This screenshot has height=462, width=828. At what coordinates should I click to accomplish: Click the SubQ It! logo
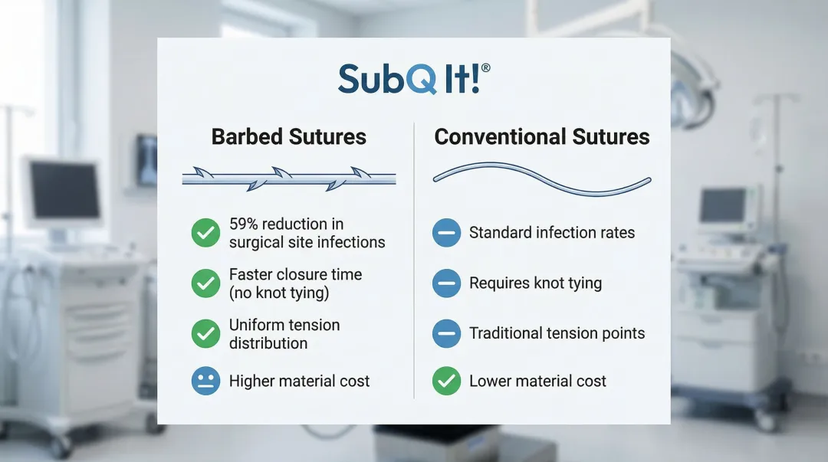coord(414,79)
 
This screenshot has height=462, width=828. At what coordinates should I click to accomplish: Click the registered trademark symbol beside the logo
coord(486,68)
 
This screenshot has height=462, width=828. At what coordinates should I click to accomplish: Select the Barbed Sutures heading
coord(289,136)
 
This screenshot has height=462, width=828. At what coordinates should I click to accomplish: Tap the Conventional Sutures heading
coord(542,136)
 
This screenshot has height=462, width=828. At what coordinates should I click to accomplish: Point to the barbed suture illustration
coord(289,179)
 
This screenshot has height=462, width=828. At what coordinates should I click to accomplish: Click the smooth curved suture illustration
coord(542,179)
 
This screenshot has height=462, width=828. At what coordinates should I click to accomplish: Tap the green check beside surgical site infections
coord(206,233)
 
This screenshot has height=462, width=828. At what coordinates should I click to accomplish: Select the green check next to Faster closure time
coord(206,283)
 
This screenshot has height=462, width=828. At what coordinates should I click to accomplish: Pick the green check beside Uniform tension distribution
coord(206,334)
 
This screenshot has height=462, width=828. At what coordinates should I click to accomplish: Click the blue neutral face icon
coord(206,381)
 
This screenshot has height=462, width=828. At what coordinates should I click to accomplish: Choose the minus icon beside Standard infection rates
coord(447,233)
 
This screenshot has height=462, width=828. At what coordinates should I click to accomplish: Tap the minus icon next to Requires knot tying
coord(447,283)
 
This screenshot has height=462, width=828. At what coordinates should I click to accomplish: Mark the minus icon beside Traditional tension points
coord(447,334)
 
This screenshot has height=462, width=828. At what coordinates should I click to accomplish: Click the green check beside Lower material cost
coord(447,381)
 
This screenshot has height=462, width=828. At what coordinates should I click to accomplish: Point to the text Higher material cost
coord(300,382)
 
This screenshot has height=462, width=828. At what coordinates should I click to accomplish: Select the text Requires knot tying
coord(535,283)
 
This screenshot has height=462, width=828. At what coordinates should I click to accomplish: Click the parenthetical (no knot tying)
coord(279,293)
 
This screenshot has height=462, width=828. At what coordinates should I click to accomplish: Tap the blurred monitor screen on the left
coord(64,189)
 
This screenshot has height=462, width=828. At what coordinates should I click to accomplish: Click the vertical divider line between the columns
coord(414,260)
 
